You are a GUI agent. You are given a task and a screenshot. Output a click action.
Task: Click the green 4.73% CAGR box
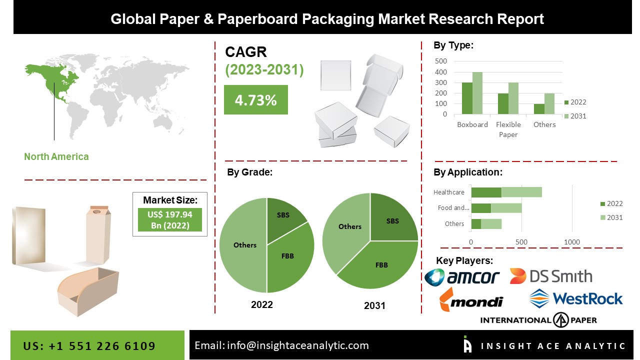[x=255, y=99]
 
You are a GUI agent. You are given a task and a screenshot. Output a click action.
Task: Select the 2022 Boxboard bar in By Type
[x=467, y=98]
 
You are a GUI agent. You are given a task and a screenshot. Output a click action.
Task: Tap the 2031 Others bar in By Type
[x=549, y=104]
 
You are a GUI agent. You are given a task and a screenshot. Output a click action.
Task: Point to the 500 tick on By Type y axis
[x=441, y=61]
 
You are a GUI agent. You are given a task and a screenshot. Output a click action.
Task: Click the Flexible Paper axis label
[x=508, y=129]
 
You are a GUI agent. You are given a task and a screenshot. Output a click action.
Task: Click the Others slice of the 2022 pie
[x=244, y=245]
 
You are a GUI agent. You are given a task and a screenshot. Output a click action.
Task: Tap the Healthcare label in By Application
[x=449, y=192]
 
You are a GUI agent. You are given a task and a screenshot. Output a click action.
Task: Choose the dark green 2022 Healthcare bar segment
[x=486, y=192]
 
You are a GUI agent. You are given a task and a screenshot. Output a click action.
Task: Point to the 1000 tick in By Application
[x=572, y=242]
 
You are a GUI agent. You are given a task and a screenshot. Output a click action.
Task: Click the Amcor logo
[x=462, y=276]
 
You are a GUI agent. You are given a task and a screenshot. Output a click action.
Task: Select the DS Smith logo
[x=551, y=276]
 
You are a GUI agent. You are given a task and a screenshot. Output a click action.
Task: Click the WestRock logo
[x=576, y=298]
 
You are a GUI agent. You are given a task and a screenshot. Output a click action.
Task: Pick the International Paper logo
[x=538, y=320]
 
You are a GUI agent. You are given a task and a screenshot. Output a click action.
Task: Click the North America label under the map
[x=56, y=156]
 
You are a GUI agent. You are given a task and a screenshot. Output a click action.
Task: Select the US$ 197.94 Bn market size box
[x=170, y=219]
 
